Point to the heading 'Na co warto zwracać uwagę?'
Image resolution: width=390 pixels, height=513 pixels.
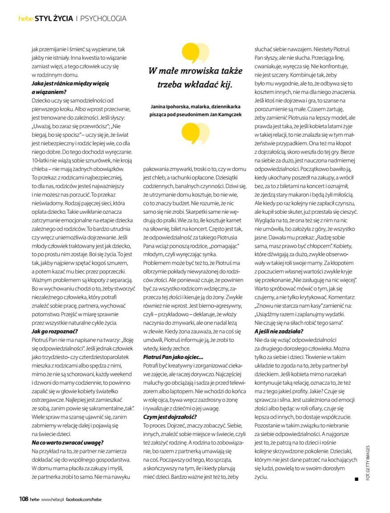click(x=67, y=442)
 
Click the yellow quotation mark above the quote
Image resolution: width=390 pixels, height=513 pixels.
click(x=195, y=53)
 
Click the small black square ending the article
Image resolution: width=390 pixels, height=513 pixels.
click(x=357, y=479)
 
